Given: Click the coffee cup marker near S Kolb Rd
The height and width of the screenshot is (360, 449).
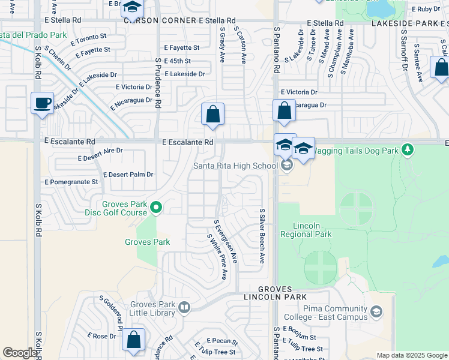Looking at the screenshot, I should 41,104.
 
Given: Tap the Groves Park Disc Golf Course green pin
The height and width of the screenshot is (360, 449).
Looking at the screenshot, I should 157,208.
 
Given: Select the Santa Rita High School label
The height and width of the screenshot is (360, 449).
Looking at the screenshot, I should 235,166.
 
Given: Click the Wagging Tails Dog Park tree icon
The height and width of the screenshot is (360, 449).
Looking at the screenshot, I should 408,149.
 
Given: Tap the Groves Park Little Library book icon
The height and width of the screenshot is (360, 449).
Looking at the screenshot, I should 185,308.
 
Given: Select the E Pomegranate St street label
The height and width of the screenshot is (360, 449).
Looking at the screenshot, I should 71,181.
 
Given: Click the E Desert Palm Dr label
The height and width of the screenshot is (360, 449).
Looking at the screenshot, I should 128,175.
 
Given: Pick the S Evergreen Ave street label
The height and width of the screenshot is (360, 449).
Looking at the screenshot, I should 226,241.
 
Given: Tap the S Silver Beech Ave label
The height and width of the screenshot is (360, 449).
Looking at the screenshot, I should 262,236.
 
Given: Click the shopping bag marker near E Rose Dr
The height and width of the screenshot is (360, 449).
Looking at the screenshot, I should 133,340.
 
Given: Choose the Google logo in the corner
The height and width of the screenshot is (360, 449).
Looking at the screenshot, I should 20,353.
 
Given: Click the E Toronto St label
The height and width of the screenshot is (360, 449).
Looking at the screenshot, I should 85,38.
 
